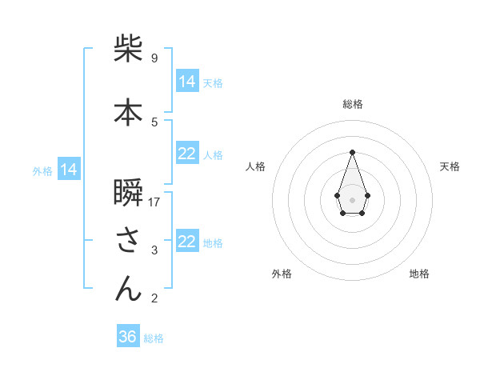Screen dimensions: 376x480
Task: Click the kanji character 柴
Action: (x=128, y=50)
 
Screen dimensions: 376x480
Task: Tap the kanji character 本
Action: (x=128, y=113)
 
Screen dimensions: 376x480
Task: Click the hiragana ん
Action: (x=128, y=289)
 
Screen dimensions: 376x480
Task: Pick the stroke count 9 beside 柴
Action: (x=154, y=58)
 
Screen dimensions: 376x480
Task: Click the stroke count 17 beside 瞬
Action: (x=154, y=202)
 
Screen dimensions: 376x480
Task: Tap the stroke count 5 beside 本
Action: (x=154, y=122)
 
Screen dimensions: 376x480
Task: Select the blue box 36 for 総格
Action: (x=128, y=337)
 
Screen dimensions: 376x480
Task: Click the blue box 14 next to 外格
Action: (x=69, y=170)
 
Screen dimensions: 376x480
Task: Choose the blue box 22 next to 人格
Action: (x=186, y=154)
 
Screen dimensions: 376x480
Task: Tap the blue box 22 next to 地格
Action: (x=186, y=242)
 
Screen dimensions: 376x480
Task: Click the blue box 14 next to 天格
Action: (x=186, y=82)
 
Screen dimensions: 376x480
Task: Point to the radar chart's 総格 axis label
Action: (x=353, y=104)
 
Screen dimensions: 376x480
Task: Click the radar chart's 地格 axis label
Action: (x=419, y=274)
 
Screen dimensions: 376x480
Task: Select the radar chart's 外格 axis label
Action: (x=282, y=274)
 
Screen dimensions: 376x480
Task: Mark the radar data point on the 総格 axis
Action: (x=352, y=152)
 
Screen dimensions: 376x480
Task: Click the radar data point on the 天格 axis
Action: (x=367, y=195)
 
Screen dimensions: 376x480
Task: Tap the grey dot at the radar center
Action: (x=352, y=199)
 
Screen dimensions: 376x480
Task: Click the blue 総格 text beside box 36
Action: (x=154, y=338)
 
